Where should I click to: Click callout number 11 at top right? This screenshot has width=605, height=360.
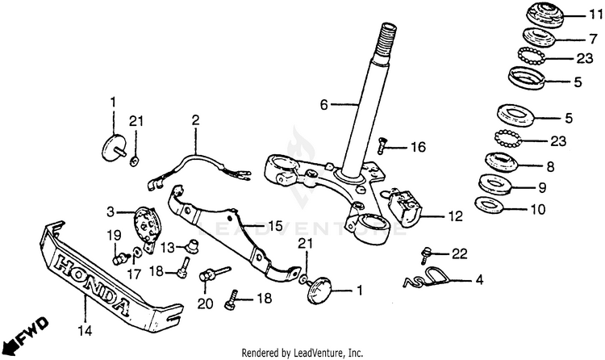tap(595, 14)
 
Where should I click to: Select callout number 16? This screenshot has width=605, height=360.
tap(417, 148)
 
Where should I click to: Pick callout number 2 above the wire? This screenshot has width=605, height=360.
tap(194, 120)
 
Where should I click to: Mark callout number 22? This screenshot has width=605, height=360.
tap(459, 253)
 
